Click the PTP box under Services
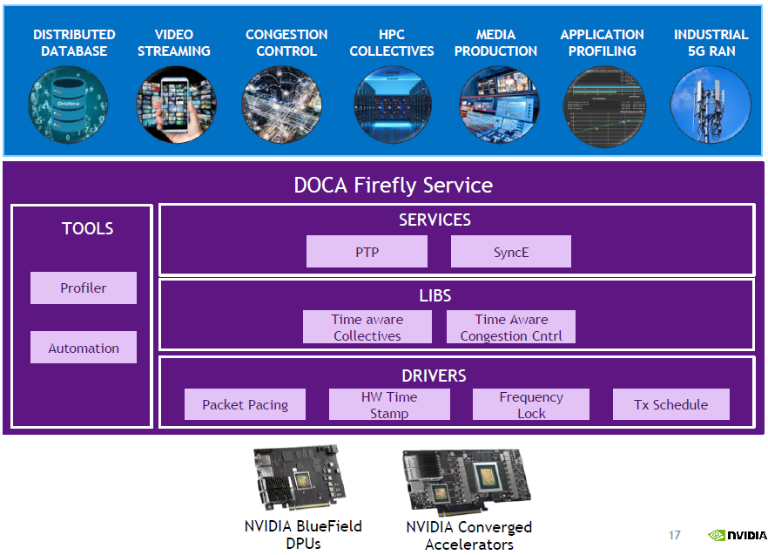pyautogui.click(x=367, y=253)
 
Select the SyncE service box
pyautogui.click(x=510, y=253)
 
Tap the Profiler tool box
pyautogui.click(x=84, y=288)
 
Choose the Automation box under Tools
pyautogui.click(x=84, y=348)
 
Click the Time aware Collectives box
pyautogui.click(x=367, y=328)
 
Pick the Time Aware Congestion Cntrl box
pyautogui.click(x=511, y=328)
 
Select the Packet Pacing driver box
pyautogui.click(x=246, y=404)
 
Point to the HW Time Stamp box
pyautogui.click(x=389, y=404)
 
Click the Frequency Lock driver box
pyautogui.click(x=531, y=404)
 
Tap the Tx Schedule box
pyautogui.click(x=670, y=404)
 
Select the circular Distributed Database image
pyautogui.click(x=68, y=105)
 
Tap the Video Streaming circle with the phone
pyautogui.click(x=175, y=105)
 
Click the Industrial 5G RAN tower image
pyautogui.click(x=711, y=105)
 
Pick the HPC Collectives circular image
pyautogui.click(x=392, y=105)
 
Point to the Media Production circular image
pyautogui.click(x=496, y=105)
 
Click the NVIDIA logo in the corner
pyautogui.click(x=738, y=536)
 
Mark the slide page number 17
pyautogui.click(x=674, y=535)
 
